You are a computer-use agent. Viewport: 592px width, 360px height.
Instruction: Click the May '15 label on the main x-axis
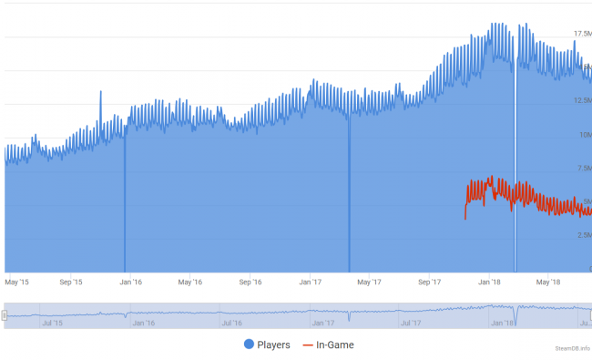coord(16,282)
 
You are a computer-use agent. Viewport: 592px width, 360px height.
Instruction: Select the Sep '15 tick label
coord(71,282)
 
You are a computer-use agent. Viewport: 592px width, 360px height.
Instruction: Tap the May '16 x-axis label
coord(189,282)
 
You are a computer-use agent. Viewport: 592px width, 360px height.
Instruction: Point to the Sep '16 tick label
coord(250,282)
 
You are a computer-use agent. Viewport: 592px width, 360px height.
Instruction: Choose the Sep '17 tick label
coord(429,282)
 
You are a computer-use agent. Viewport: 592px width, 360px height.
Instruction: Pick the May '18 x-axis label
coord(548,282)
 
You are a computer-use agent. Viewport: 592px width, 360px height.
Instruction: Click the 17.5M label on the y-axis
coord(583,34)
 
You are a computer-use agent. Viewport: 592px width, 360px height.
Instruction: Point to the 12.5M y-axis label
coord(583,100)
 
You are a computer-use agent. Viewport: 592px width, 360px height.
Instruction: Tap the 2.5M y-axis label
coord(583,234)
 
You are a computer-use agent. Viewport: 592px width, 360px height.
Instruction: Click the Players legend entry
coord(266,345)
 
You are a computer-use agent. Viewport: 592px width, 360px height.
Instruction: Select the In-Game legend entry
coord(328,345)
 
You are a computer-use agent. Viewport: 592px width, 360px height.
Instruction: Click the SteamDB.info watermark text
coord(573,348)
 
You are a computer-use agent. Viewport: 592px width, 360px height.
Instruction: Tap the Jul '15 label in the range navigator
coord(52,323)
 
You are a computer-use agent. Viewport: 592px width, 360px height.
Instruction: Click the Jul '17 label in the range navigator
coord(412,323)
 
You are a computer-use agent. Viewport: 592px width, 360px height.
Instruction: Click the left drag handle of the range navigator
coord(5,315)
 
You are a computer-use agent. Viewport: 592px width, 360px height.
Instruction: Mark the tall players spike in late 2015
coord(100,93)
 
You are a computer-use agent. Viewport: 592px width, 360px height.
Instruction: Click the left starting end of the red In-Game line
coord(465,218)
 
